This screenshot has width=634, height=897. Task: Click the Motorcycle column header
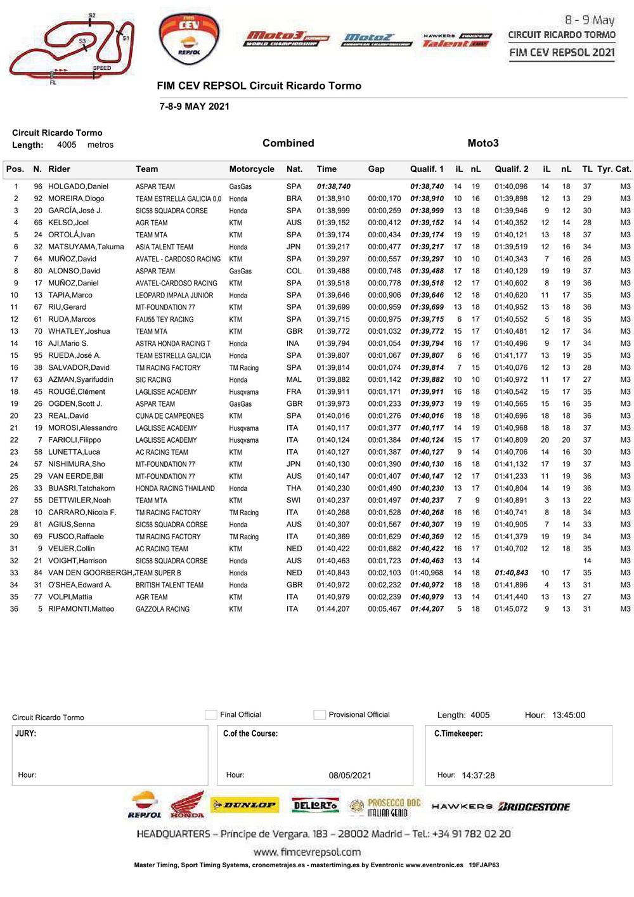252,169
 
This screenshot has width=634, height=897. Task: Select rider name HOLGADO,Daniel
78,187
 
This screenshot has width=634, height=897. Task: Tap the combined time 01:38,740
333,187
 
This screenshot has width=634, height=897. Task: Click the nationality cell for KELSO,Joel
294,223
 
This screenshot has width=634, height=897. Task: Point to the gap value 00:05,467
384,609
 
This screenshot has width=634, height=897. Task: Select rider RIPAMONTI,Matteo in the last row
81,609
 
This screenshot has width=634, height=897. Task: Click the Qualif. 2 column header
511,169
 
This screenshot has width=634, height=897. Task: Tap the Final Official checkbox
211,715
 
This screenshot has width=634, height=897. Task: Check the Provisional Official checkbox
320,715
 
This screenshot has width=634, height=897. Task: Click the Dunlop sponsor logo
244,806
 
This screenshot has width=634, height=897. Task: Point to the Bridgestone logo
534,807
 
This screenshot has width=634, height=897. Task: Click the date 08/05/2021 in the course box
350,775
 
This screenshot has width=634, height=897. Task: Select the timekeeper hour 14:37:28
478,775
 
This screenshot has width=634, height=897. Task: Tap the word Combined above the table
288,143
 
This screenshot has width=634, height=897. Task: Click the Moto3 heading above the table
483,143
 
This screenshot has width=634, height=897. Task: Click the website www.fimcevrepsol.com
307,852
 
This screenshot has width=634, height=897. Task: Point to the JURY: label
26,733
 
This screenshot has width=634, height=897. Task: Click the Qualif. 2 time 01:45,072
511,609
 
